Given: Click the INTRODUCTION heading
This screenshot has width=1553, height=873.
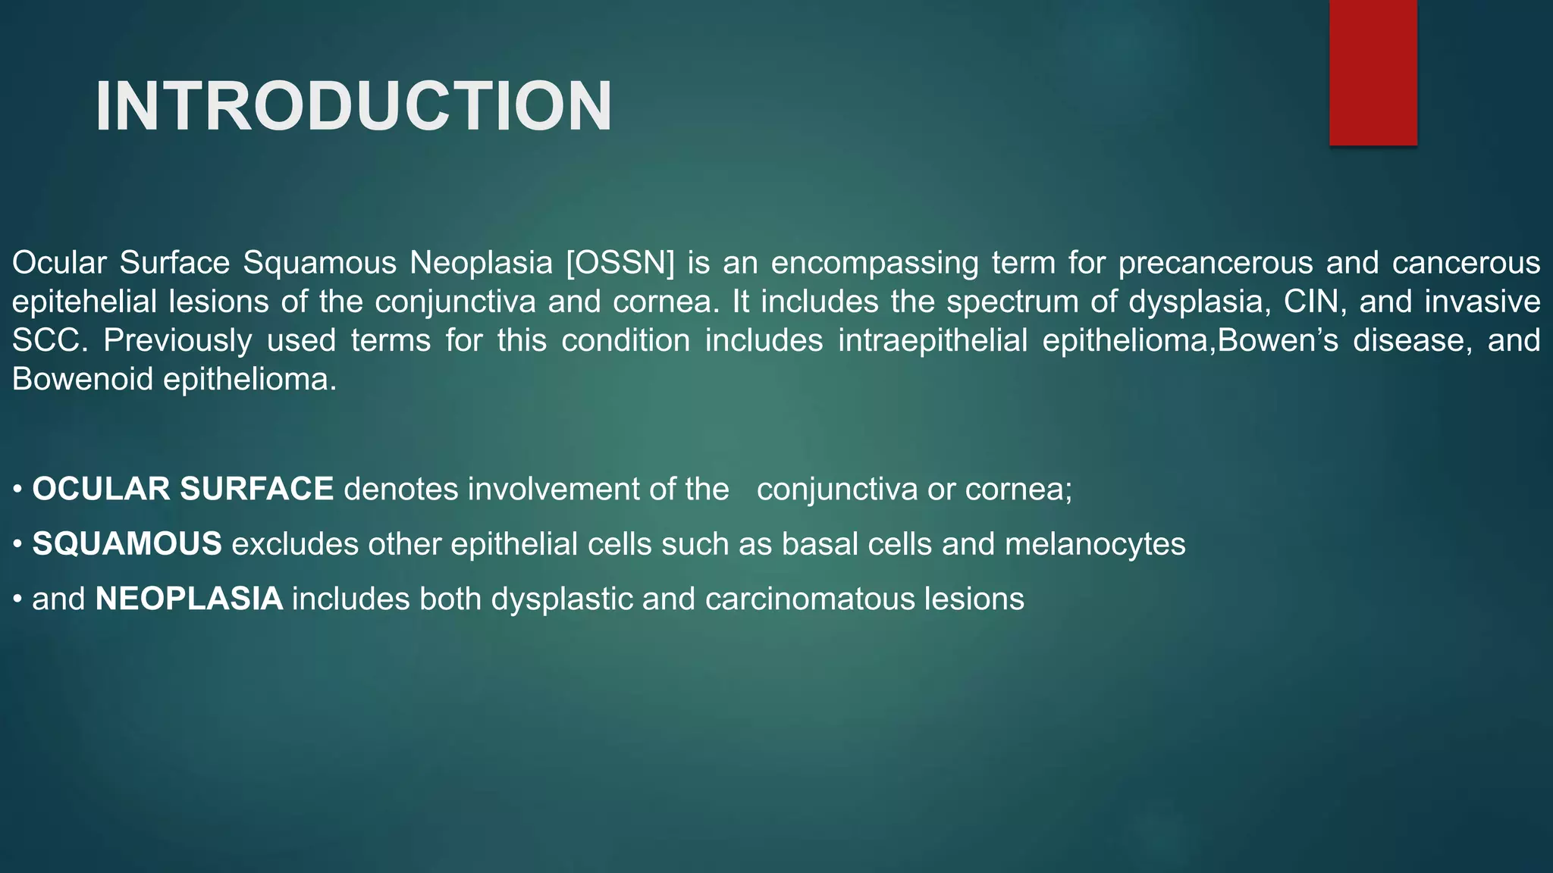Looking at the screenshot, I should point(353,107).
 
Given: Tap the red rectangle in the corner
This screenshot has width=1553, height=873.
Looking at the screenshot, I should point(1373,73).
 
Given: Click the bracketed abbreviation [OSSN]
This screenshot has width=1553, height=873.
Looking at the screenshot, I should point(620,263).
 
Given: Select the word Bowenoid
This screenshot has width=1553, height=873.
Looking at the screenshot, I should point(82,379).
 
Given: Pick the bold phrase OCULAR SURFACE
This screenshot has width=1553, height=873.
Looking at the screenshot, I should point(183,489).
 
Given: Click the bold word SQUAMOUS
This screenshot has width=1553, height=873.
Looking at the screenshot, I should point(127,544).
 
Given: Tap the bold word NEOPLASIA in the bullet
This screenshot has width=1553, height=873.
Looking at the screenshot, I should point(189,599).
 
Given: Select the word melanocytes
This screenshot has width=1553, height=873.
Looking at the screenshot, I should point(1094,544).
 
